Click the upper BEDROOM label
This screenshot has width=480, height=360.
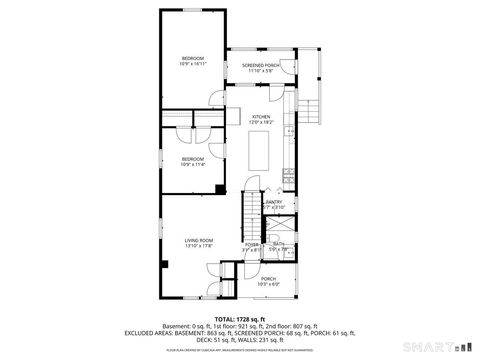[192, 56]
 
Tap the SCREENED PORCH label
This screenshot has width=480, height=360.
[259, 66]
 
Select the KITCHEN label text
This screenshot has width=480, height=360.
[261, 117]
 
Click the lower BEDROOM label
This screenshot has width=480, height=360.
[192, 158]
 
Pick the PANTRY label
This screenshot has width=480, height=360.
[273, 202]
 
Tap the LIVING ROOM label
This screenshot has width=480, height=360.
[198, 240]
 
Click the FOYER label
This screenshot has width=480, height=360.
[251, 244]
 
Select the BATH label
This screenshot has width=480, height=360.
[278, 244]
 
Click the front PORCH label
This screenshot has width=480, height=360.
[268, 278]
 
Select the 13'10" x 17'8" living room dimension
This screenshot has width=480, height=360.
[198, 246]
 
